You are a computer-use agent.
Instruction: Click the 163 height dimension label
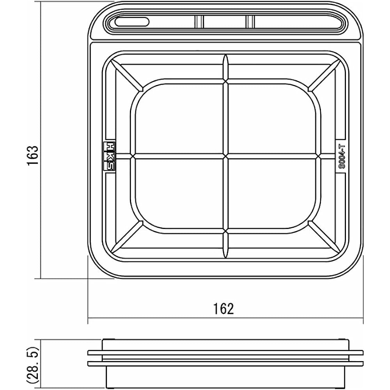click(33, 156)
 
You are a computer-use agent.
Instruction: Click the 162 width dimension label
click(223, 308)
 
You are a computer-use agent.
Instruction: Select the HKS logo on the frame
click(109, 156)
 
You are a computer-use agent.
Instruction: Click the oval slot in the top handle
click(132, 22)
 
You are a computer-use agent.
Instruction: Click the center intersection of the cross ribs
click(225, 156)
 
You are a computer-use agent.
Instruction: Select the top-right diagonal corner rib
click(324, 76)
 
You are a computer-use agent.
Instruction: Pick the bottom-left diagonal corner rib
click(127, 237)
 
